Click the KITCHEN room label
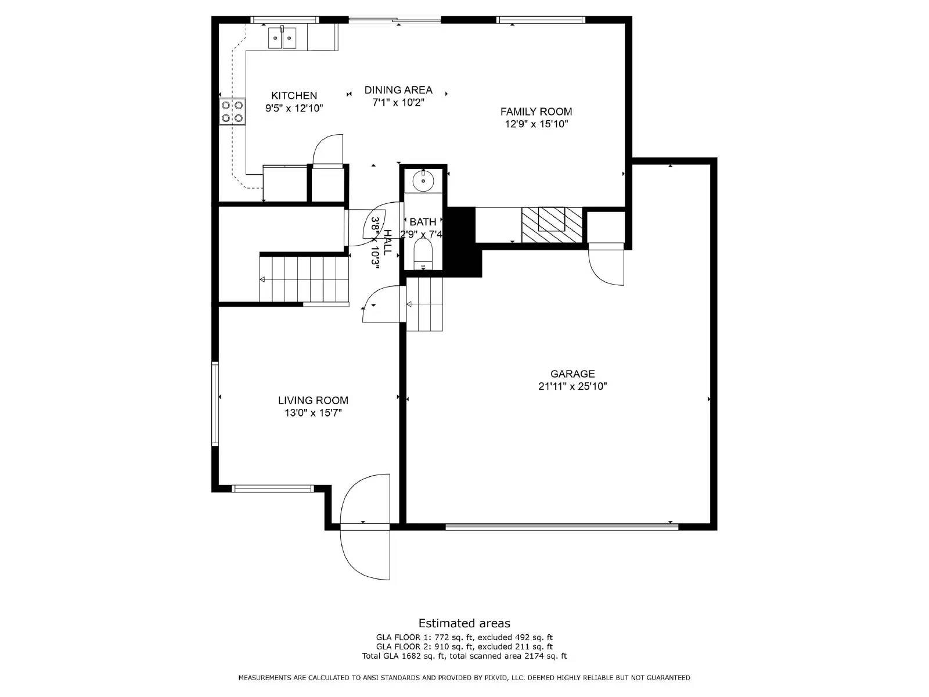point(294,96)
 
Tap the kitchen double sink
point(282,38)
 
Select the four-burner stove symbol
point(232,112)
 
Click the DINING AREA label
point(398,90)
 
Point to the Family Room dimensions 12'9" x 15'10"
point(536,124)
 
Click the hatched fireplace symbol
point(551,225)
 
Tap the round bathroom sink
point(423,181)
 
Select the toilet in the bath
point(423,254)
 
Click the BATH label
point(423,222)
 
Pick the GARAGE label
point(572,374)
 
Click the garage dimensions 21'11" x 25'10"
point(572,386)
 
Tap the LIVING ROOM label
point(313,400)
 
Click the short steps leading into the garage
point(424,304)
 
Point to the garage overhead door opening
point(561,526)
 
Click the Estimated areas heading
point(464,623)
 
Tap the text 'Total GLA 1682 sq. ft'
point(404,656)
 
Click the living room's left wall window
point(215,403)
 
